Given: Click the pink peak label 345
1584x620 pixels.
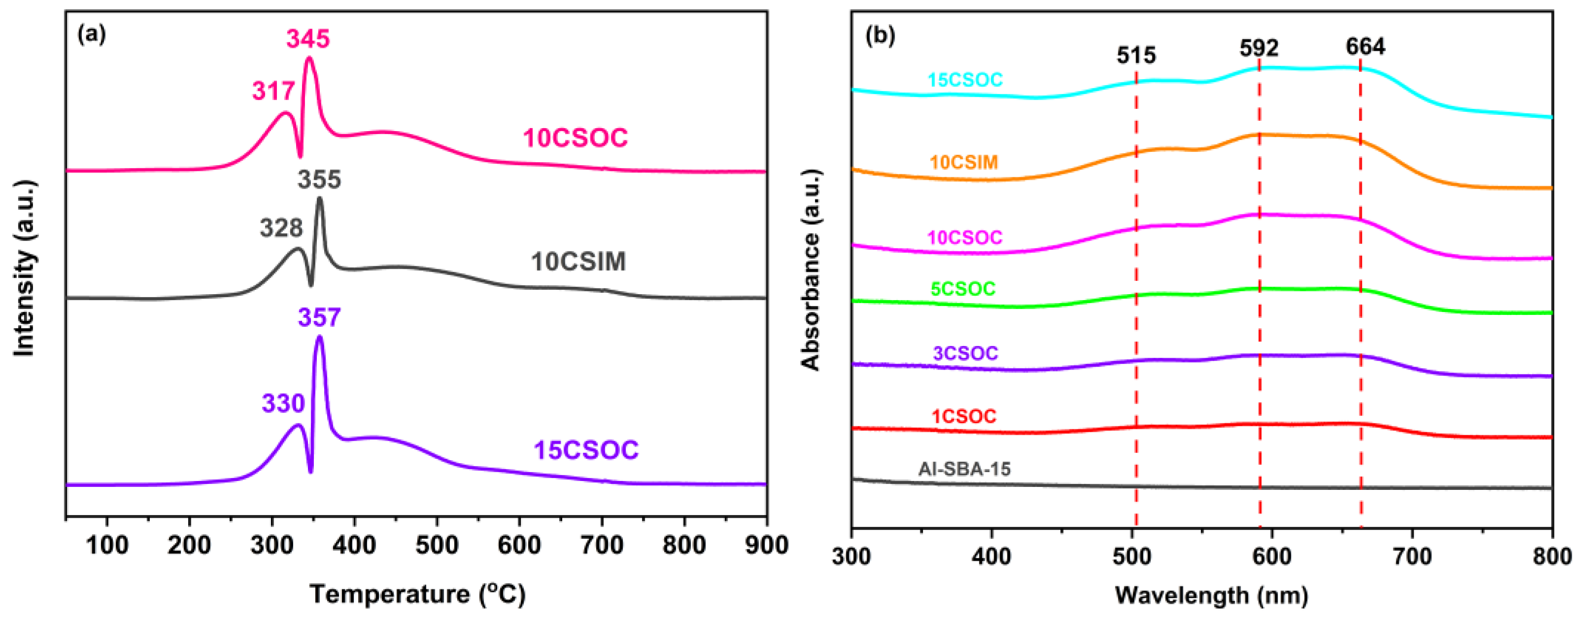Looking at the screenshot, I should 308,39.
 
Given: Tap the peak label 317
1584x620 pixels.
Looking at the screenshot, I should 273,92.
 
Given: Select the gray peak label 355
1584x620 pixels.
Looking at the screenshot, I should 319,179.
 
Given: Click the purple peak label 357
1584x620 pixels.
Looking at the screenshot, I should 319,318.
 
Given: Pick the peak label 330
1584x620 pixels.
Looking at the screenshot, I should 283,404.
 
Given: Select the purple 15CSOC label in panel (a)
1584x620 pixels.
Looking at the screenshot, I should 586,450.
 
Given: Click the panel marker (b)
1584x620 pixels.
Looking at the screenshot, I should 880,35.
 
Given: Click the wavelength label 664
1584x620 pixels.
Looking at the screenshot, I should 1365,47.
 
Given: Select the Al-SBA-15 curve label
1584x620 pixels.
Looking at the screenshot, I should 964,469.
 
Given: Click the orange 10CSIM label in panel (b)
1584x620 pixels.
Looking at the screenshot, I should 964,162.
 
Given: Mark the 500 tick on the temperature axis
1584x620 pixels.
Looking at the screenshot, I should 437,545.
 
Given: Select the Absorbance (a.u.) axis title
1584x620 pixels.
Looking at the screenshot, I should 811,270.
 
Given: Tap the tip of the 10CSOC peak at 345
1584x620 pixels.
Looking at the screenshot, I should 309,58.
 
